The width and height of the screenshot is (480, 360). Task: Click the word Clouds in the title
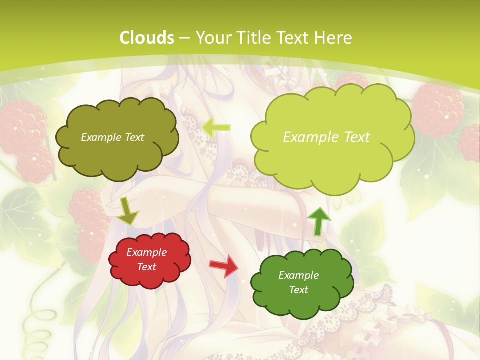[147, 38]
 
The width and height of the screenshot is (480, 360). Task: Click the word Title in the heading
[254, 38]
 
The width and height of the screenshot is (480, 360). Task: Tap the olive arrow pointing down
[128, 210]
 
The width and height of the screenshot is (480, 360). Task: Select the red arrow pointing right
[224, 265]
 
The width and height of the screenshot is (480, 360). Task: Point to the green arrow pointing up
[319, 220]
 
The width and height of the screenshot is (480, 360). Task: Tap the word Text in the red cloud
[147, 267]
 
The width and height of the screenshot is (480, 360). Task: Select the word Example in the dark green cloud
[298, 275]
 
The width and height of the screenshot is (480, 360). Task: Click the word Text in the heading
[294, 38]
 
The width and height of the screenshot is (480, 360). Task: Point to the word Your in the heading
[212, 38]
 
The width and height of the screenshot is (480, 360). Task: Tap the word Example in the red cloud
[147, 252]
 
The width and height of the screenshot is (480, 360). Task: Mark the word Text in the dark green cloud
[298, 290]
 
